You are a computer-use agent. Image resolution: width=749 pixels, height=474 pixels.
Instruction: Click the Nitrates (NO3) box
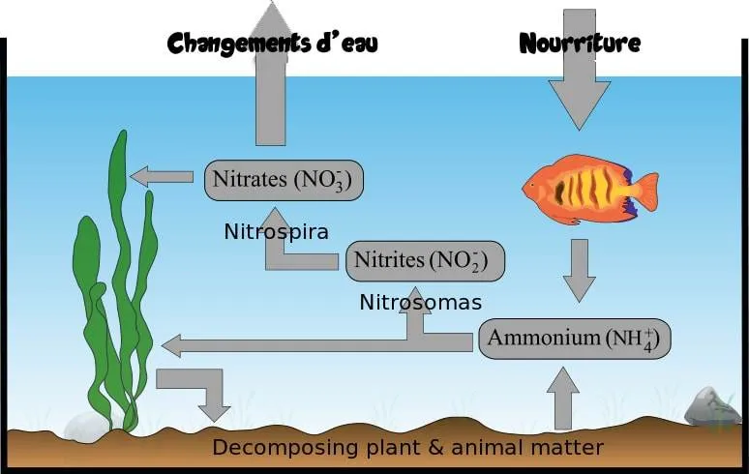point(283,180)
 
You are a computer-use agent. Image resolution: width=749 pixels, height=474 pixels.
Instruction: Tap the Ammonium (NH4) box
point(575,340)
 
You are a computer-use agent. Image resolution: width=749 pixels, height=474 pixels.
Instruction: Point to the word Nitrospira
point(276,232)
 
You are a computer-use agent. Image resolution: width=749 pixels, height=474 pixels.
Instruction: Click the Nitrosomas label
point(420,302)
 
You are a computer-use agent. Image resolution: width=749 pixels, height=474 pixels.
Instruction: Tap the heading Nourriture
point(580,44)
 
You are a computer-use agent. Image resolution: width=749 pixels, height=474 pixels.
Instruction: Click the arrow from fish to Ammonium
point(580,271)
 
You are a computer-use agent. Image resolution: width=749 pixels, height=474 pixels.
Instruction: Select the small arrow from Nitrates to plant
point(162,177)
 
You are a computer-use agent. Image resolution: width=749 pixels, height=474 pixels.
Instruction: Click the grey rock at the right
point(712,407)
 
